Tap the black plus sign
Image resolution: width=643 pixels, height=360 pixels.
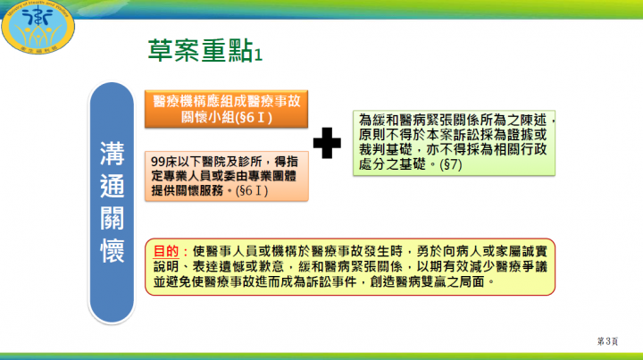click(328, 140)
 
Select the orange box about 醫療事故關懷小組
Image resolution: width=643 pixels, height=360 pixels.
click(225, 107)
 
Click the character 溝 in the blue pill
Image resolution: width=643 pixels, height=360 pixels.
click(112, 154)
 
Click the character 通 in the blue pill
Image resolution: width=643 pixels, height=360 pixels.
click(112, 186)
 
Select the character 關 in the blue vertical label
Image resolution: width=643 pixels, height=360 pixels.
click(112, 218)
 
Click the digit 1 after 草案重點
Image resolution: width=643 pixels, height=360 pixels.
click(258, 55)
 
